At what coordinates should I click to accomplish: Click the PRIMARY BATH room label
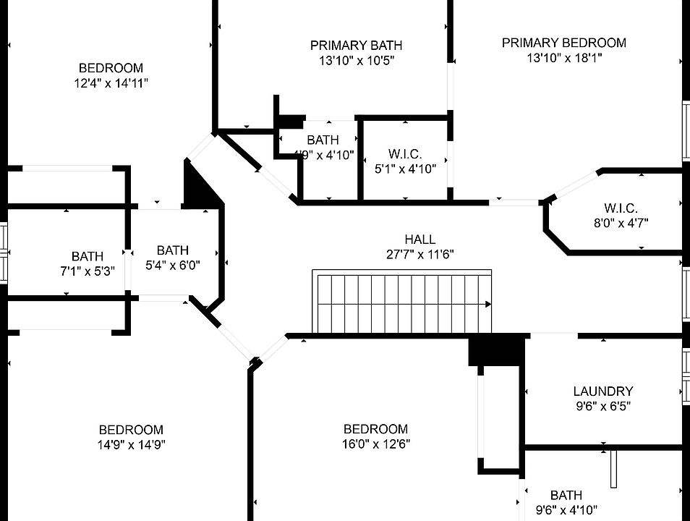(356, 46)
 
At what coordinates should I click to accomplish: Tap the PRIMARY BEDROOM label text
(564, 43)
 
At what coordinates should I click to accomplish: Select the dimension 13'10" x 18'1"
(564, 59)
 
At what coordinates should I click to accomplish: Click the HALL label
(420, 239)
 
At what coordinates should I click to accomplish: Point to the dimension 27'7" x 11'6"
(420, 254)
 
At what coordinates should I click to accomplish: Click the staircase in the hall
(402, 302)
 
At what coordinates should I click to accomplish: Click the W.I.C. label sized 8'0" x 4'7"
(621, 208)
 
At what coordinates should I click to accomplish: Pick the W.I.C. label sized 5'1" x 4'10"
(405, 153)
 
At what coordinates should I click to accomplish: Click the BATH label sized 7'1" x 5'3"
(88, 256)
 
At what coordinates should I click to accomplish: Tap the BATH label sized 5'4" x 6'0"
(172, 250)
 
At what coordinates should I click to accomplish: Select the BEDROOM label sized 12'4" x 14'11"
(111, 68)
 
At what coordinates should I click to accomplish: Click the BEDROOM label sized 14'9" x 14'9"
(132, 430)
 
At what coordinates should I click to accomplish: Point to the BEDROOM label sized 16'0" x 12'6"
(375, 429)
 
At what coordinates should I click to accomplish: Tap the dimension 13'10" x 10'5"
(356, 62)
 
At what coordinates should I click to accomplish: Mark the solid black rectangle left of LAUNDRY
(495, 350)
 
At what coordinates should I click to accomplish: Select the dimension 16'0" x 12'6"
(375, 444)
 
